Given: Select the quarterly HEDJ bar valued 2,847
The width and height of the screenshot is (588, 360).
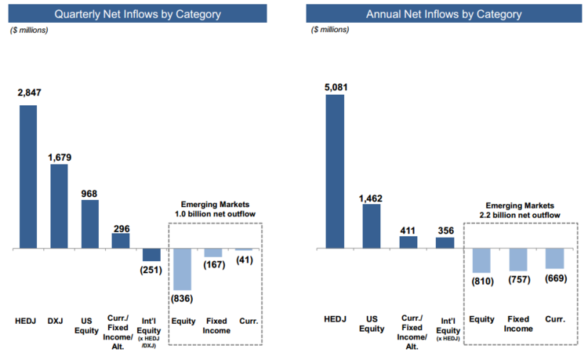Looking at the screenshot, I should (28, 176).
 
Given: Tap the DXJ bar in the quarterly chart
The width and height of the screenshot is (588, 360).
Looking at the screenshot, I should (59, 205).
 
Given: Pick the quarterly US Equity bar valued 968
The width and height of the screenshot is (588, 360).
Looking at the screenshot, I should (89, 224).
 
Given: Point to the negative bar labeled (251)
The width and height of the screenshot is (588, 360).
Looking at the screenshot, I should (151, 254).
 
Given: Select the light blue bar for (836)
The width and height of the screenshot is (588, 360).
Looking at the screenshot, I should (182, 267).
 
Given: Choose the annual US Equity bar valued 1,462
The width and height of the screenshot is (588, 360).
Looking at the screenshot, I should (372, 226).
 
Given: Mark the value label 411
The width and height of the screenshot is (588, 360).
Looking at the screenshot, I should (408, 229).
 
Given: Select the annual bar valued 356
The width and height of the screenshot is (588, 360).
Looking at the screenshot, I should (445, 242).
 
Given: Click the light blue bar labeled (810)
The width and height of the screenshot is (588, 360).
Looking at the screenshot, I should (481, 260).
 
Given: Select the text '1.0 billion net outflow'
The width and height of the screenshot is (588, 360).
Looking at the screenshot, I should (215, 213).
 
